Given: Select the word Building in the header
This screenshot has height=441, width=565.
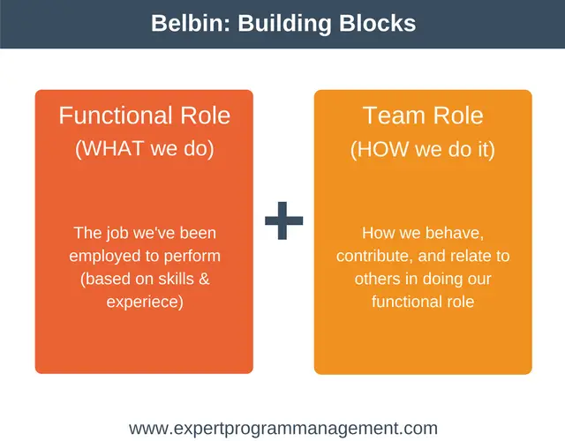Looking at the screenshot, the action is [284, 24].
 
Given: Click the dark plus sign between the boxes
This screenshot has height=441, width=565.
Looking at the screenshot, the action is [284, 220].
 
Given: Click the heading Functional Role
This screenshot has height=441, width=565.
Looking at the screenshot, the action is [145, 116].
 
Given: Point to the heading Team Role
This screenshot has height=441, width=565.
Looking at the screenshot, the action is [423, 116].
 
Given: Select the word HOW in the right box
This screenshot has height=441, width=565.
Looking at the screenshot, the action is [383, 149].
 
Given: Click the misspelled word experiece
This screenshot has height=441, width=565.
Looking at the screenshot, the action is [145, 302].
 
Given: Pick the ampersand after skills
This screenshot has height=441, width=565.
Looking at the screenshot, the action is [204, 279].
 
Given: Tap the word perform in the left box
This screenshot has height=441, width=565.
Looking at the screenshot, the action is [192, 257].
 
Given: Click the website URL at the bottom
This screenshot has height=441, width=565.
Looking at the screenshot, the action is [283, 429].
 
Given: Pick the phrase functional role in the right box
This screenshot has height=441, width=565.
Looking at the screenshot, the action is [423, 302].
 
